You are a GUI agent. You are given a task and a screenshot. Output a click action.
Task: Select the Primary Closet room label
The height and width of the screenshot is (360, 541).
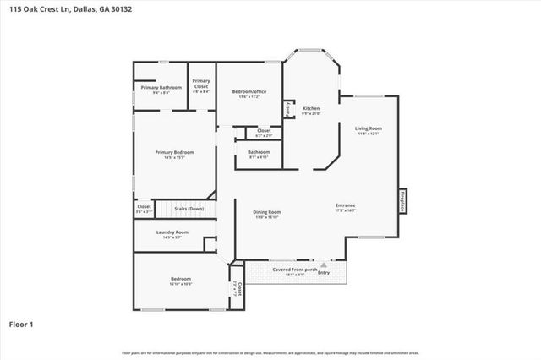click(x=200, y=83)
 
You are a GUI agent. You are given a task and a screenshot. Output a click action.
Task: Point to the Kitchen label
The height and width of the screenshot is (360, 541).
click(x=311, y=108)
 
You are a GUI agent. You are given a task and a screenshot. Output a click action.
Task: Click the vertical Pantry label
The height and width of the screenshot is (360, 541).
click(x=287, y=108)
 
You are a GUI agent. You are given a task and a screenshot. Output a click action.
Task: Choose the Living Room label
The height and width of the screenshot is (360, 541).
click(x=368, y=128)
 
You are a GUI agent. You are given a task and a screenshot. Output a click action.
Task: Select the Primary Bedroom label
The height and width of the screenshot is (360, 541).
click(x=174, y=152)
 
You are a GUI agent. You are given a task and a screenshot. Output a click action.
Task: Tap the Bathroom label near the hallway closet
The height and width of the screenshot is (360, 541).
click(x=259, y=152)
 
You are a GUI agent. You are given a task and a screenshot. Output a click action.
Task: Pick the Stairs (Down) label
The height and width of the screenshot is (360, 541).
click(x=189, y=208)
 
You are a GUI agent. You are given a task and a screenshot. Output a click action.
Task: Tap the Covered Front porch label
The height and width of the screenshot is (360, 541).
click(x=294, y=270)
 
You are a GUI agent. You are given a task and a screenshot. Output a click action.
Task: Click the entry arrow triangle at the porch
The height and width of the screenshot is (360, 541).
click(x=323, y=264)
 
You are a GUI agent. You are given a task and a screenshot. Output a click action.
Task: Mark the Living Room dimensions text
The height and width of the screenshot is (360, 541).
click(x=368, y=134)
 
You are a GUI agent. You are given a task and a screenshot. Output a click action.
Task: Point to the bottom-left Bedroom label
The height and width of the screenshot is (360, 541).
click(x=181, y=279)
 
